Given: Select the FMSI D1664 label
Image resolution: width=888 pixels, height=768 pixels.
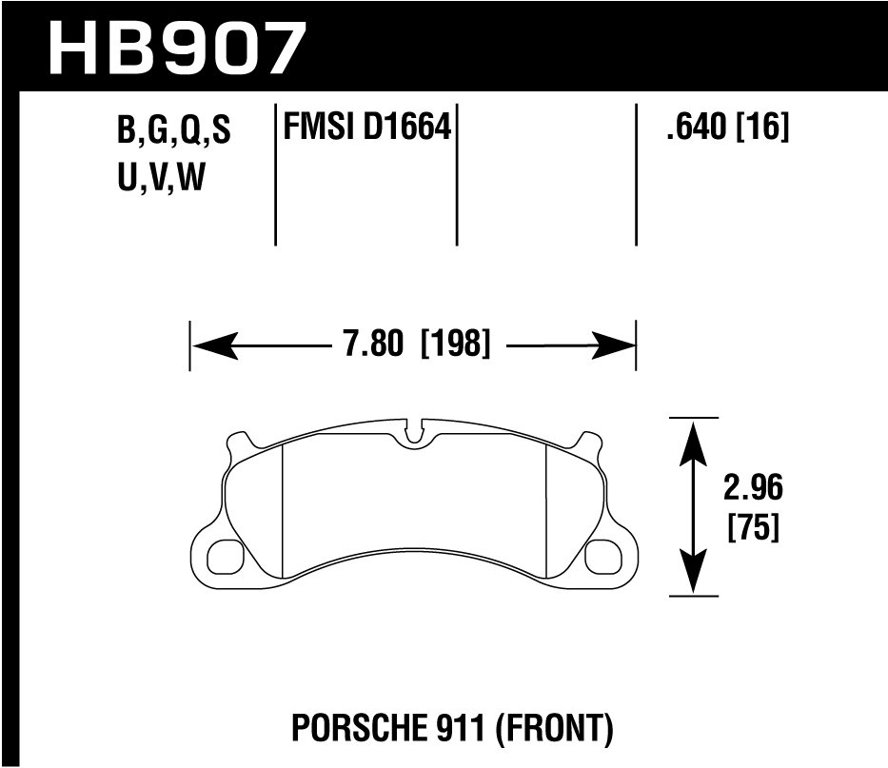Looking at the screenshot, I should tap(363, 127).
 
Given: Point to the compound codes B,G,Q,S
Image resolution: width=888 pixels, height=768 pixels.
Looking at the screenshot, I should tap(173, 131).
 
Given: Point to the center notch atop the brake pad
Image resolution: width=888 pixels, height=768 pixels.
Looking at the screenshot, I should tap(413, 433).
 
